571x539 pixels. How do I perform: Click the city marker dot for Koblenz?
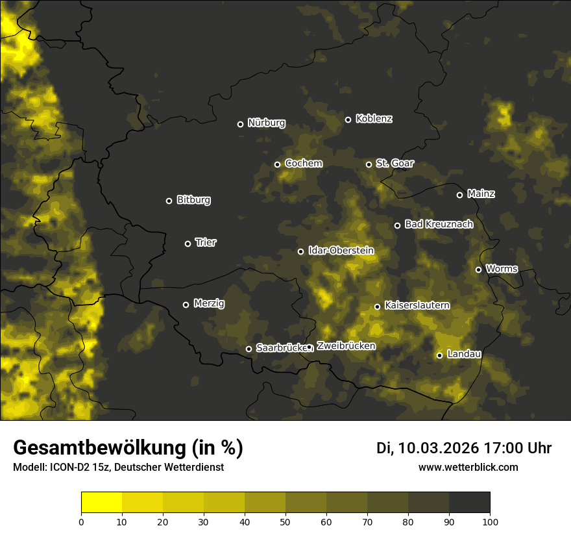tap(348, 119)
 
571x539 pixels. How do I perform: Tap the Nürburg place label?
tap(266, 123)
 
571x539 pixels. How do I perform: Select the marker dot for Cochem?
tap(277, 164)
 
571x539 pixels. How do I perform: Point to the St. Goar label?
tap(395, 164)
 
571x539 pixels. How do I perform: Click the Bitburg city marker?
tap(169, 201)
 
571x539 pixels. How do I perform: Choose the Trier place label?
tap(206, 242)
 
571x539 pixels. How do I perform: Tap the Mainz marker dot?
tap(459, 195)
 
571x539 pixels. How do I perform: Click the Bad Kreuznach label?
tap(439, 224)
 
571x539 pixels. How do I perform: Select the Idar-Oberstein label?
tap(341, 251)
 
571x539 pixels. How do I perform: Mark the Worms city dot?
tap(478, 269)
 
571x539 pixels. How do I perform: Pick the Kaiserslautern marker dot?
tap(377, 307)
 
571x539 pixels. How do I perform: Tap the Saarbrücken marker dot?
tap(249, 349)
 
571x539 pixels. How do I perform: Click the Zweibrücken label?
tap(346, 345)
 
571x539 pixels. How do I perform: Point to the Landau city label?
tap(464, 354)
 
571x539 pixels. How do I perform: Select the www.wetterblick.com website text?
tap(468, 467)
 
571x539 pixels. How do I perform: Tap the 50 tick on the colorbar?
tap(285, 521)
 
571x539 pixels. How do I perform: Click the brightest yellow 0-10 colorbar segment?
tap(101, 502)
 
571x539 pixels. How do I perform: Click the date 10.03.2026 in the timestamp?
tap(438, 448)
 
